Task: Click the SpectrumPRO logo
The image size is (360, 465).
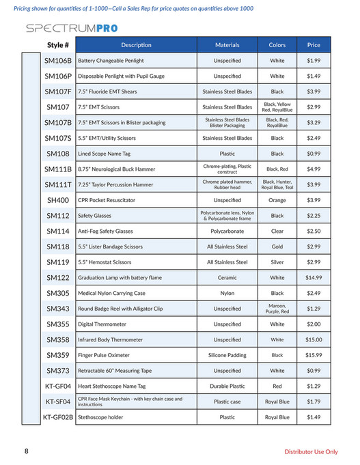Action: (71, 29)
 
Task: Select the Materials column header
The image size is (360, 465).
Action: (227, 45)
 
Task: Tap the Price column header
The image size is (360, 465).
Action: (314, 45)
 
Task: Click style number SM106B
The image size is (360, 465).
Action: (58, 61)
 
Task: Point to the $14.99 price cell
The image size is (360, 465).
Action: (314, 278)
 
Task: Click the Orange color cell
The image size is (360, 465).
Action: (277, 200)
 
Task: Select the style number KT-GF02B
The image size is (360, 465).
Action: (58, 417)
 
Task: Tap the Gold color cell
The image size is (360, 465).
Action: (277, 246)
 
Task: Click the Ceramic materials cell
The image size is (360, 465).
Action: (227, 278)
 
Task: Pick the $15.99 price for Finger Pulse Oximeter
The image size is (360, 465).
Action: (314, 355)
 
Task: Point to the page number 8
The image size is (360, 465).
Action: (27, 451)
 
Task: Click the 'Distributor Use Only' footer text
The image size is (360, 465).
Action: (311, 451)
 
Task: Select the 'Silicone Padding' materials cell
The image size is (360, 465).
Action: (227, 355)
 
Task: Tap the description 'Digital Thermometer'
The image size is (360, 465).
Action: (102, 324)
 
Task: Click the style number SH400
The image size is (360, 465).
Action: (58, 200)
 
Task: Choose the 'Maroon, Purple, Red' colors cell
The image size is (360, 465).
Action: (277, 309)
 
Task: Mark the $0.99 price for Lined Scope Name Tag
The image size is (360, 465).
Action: (314, 154)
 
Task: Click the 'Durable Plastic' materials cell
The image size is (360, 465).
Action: (227, 386)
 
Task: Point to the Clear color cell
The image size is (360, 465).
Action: (277, 231)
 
